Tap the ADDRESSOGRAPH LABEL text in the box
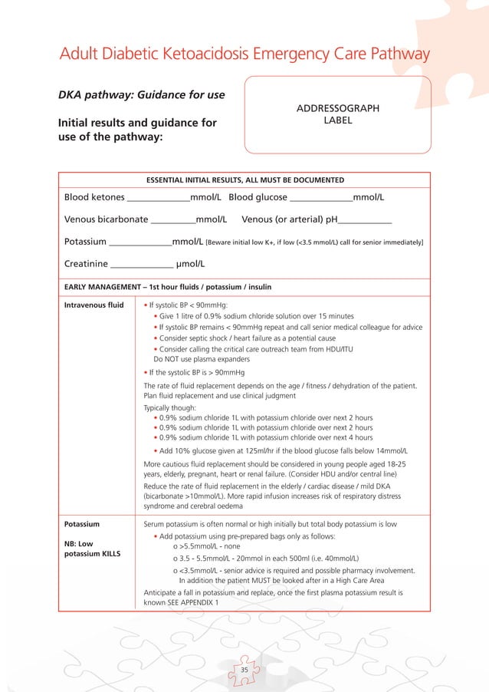[337, 114]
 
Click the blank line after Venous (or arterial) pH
[365, 222]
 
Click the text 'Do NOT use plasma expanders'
[202, 359]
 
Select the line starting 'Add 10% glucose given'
[280, 450]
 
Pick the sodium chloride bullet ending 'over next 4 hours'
[263, 438]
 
